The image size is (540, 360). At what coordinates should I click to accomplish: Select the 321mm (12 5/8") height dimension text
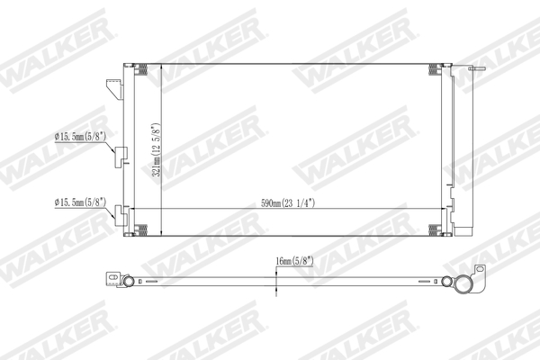point(156,148)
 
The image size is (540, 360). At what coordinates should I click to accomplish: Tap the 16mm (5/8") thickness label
point(296,263)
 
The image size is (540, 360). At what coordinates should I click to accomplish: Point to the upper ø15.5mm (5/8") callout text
point(81,137)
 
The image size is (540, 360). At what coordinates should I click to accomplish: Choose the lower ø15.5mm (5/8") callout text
point(80,202)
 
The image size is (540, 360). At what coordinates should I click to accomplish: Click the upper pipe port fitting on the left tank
point(117,155)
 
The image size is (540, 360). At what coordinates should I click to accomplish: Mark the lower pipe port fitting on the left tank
point(117,214)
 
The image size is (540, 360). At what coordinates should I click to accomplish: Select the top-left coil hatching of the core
point(142,70)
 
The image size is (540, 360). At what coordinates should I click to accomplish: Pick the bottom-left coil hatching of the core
point(142,229)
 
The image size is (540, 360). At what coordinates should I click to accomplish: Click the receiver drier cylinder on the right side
point(463,153)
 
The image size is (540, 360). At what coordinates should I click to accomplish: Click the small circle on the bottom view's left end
point(130,282)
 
